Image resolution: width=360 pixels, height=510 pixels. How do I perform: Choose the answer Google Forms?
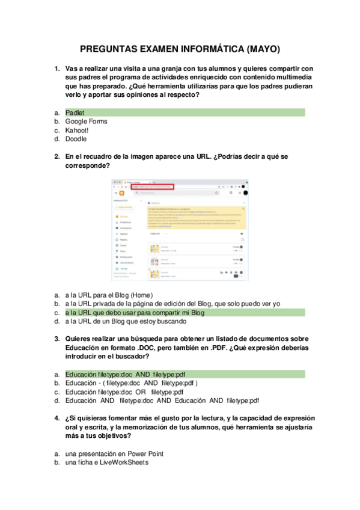[x=86, y=121]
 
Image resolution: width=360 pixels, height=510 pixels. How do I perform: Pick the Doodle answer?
[x=76, y=138]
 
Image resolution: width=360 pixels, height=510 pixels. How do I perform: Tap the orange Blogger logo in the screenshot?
[x=121, y=193]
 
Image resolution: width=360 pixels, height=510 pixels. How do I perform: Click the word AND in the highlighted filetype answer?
[x=142, y=374]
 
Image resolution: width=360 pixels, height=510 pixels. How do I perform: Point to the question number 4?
[x=56, y=417]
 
